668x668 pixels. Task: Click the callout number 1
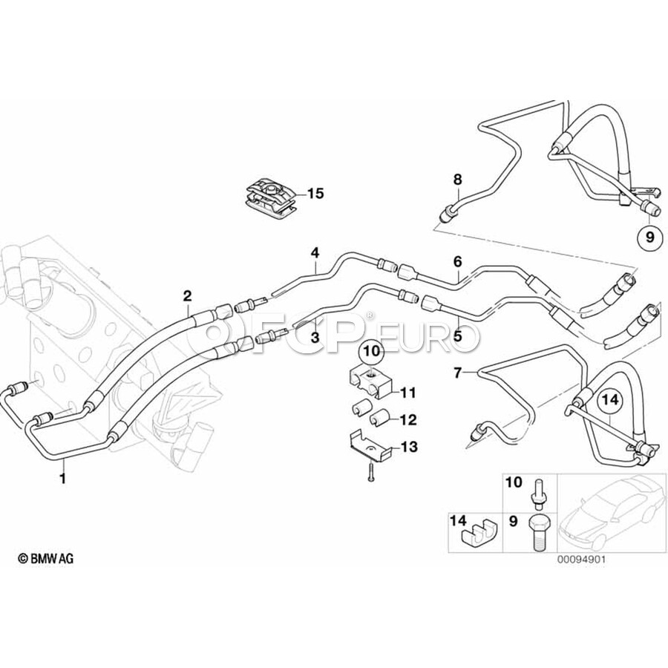(63, 479)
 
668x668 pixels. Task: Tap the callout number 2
(188, 296)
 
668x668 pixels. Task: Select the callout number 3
(315, 336)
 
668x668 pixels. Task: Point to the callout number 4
(315, 253)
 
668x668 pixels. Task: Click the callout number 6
(457, 261)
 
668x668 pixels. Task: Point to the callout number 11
(408, 392)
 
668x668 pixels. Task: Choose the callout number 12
(408, 419)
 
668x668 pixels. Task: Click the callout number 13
(408, 447)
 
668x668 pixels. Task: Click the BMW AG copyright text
(46, 558)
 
